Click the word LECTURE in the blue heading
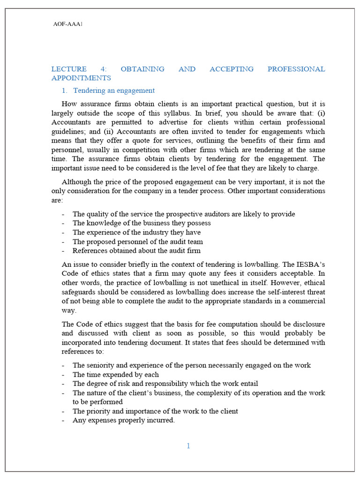point(67,69)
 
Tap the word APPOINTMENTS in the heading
point(81,78)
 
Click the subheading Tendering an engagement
point(114,90)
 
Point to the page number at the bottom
point(188,446)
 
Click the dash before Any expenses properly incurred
point(63,420)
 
